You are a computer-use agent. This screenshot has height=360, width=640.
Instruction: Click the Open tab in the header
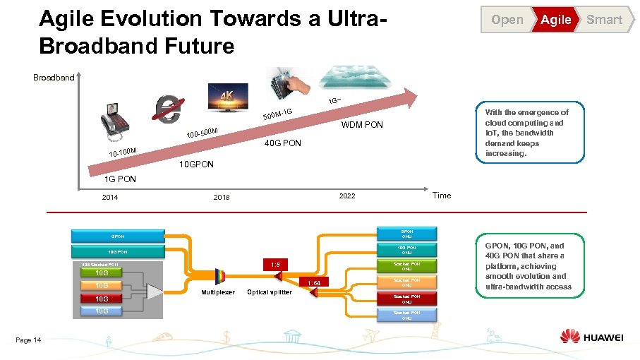click(x=507, y=20)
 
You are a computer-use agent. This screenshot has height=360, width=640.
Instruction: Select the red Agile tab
click(x=555, y=20)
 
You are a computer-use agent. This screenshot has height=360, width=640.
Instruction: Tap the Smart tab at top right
click(x=604, y=20)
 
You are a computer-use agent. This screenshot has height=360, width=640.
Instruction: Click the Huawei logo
click(x=591, y=337)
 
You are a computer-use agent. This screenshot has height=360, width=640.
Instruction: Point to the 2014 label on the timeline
click(x=110, y=197)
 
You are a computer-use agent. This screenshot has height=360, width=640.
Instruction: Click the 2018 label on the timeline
click(x=222, y=197)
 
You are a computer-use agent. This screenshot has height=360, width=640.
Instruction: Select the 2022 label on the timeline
click(x=347, y=196)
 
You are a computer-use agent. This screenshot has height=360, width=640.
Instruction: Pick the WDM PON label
click(x=362, y=126)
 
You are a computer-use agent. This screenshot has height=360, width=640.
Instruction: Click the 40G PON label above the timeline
click(x=282, y=143)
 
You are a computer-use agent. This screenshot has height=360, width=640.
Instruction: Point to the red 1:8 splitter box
click(x=275, y=264)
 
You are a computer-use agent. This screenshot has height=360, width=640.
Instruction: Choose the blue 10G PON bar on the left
click(x=117, y=251)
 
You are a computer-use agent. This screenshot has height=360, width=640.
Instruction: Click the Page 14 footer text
click(x=28, y=340)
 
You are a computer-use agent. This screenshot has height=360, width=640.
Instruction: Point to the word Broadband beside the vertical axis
click(x=54, y=77)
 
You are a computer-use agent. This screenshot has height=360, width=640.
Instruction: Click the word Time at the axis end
click(x=441, y=196)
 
